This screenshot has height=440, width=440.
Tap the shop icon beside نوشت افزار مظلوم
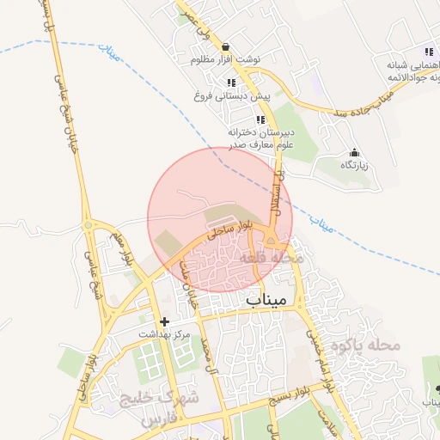point(225,47)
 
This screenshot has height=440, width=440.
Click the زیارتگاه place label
point(353,165)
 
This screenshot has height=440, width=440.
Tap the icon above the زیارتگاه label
point(354,152)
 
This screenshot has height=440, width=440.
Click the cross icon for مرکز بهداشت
point(164,321)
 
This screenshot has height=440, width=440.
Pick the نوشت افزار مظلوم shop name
point(225,60)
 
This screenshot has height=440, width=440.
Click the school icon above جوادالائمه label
point(401,51)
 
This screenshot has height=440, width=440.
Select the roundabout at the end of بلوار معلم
point(88,225)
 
